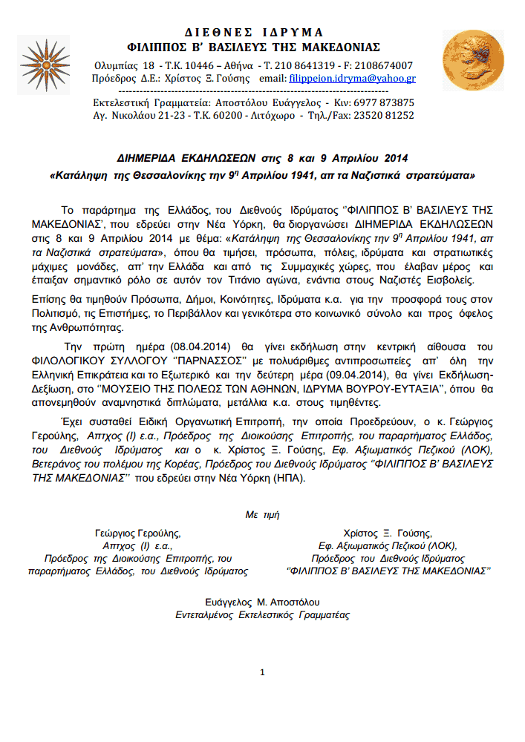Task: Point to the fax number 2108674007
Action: pos(386,65)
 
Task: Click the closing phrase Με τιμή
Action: pos(263,514)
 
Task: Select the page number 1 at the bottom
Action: pos(263,672)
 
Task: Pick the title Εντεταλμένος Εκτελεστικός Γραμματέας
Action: pos(262,615)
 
